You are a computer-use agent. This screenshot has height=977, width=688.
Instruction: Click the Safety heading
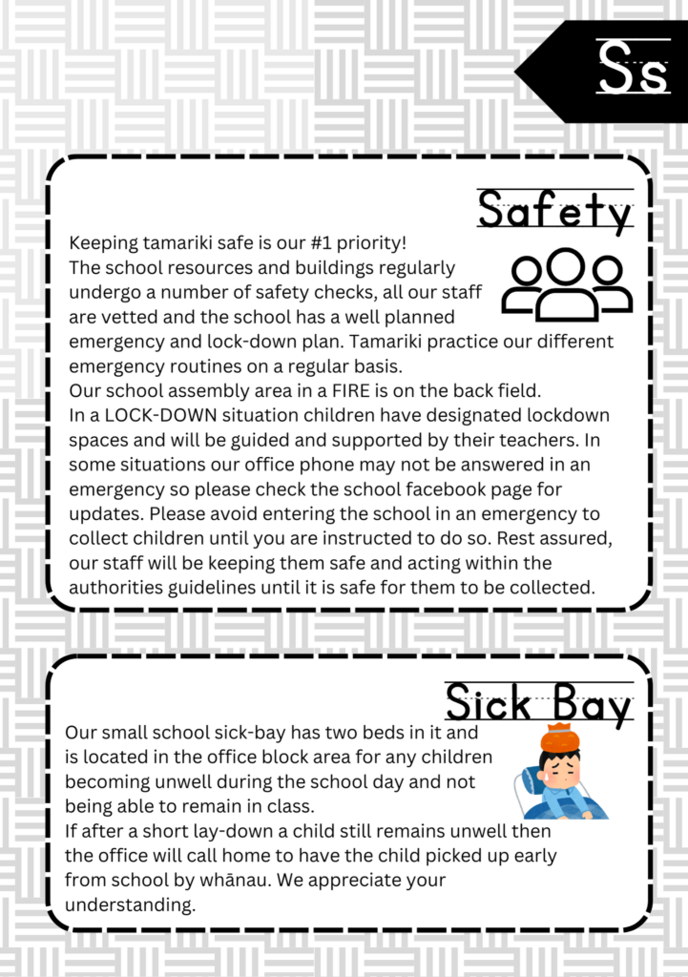click(x=554, y=211)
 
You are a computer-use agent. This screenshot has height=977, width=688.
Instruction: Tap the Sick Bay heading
click(x=539, y=705)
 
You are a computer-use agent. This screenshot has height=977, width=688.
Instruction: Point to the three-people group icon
click(x=567, y=283)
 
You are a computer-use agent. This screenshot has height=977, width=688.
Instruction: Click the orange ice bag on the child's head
click(x=561, y=738)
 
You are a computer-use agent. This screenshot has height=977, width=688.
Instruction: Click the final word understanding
click(x=130, y=904)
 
